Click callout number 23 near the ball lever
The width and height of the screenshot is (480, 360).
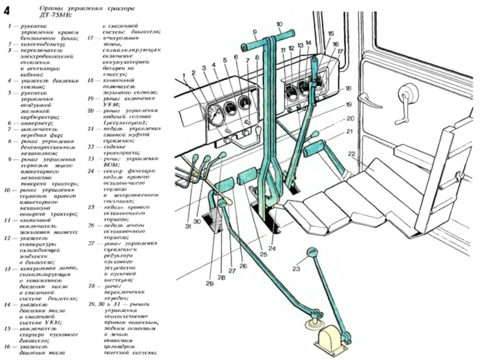296,269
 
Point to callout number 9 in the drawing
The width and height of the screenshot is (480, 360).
254,31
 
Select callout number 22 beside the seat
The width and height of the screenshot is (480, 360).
352,154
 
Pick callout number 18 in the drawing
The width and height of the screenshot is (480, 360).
347,89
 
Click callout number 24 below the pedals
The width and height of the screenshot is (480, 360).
272,248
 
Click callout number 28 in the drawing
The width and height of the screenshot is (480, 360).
221,277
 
